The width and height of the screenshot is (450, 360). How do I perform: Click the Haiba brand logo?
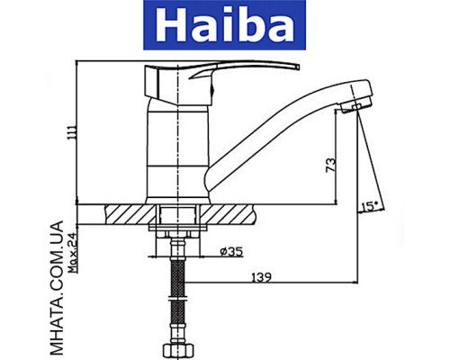225,26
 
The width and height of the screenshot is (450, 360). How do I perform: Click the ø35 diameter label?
230,251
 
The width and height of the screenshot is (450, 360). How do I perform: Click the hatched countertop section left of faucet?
127,213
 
